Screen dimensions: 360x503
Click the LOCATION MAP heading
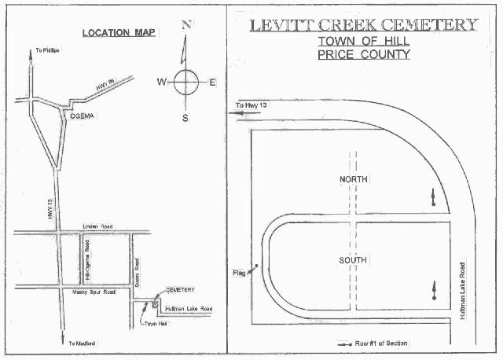[118, 33]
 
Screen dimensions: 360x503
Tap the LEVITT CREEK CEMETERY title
[364, 24]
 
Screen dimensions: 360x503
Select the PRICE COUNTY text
[364, 55]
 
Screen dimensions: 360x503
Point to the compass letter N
[186, 24]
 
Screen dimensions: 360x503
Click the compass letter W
[161, 81]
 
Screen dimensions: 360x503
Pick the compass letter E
[212, 81]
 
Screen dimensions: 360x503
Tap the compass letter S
[186, 118]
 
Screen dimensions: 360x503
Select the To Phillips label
[48, 51]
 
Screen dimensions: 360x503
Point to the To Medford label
[82, 344]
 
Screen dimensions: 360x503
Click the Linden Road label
[97, 227]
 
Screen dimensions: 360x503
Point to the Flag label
[240, 273]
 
